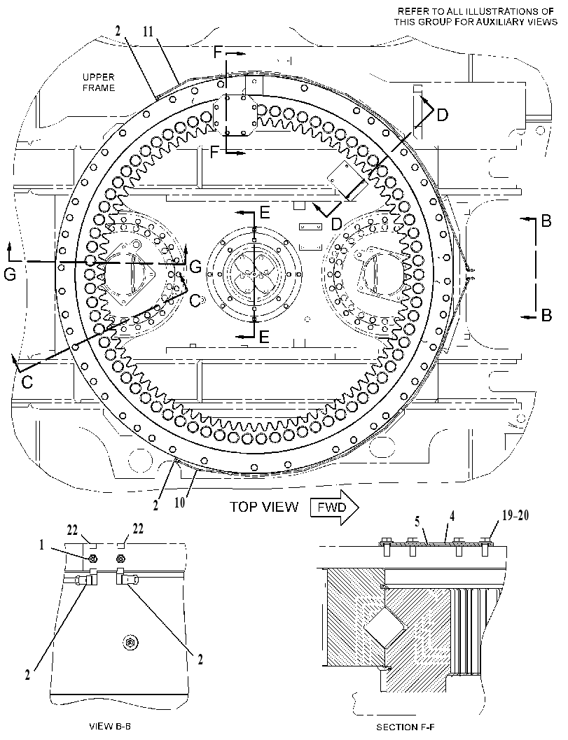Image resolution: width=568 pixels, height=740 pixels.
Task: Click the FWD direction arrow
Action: pyautogui.click(x=334, y=508)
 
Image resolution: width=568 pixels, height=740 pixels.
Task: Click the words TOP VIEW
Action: pyautogui.click(x=264, y=507)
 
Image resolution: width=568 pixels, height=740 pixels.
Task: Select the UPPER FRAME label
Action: pyautogui.click(x=99, y=82)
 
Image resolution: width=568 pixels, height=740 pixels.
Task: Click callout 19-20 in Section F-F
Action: pyautogui.click(x=515, y=515)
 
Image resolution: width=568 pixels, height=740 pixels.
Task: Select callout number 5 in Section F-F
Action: pyautogui.click(x=417, y=522)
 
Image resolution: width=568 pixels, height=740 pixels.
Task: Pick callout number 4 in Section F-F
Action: pyautogui.click(x=452, y=516)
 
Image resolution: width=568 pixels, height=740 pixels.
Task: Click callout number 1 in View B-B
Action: pyautogui.click(x=41, y=545)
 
